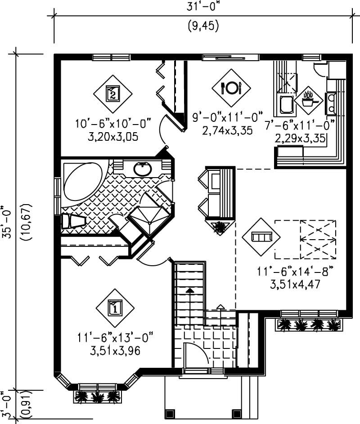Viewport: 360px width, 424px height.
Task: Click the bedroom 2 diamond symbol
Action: pyautogui.click(x=112, y=94)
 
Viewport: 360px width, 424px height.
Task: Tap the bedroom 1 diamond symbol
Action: pyautogui.click(x=115, y=308)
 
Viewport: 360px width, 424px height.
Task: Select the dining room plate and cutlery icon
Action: pyautogui.click(x=231, y=88)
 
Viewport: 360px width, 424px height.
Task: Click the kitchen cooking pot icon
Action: pyautogui.click(x=309, y=101)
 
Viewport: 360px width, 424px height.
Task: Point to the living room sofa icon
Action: pyautogui.click(x=261, y=237)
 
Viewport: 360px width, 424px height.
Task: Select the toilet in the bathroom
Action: pyautogui.click(x=73, y=221)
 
